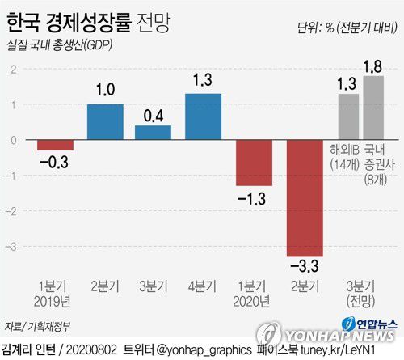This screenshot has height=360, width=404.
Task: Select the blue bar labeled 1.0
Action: pyautogui.click(x=105, y=122)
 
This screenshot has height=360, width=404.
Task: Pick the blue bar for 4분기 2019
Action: pyautogui.click(x=204, y=116)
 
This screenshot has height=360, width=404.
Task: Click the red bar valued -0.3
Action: pyautogui.click(x=56, y=146)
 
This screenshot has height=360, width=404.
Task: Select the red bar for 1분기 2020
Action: pyautogui.click(x=254, y=163)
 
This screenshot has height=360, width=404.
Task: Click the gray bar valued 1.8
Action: pyautogui.click(x=373, y=108)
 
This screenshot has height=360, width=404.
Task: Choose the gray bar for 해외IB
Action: pyautogui.click(x=348, y=116)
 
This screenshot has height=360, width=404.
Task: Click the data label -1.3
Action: pyautogui.click(x=253, y=197)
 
